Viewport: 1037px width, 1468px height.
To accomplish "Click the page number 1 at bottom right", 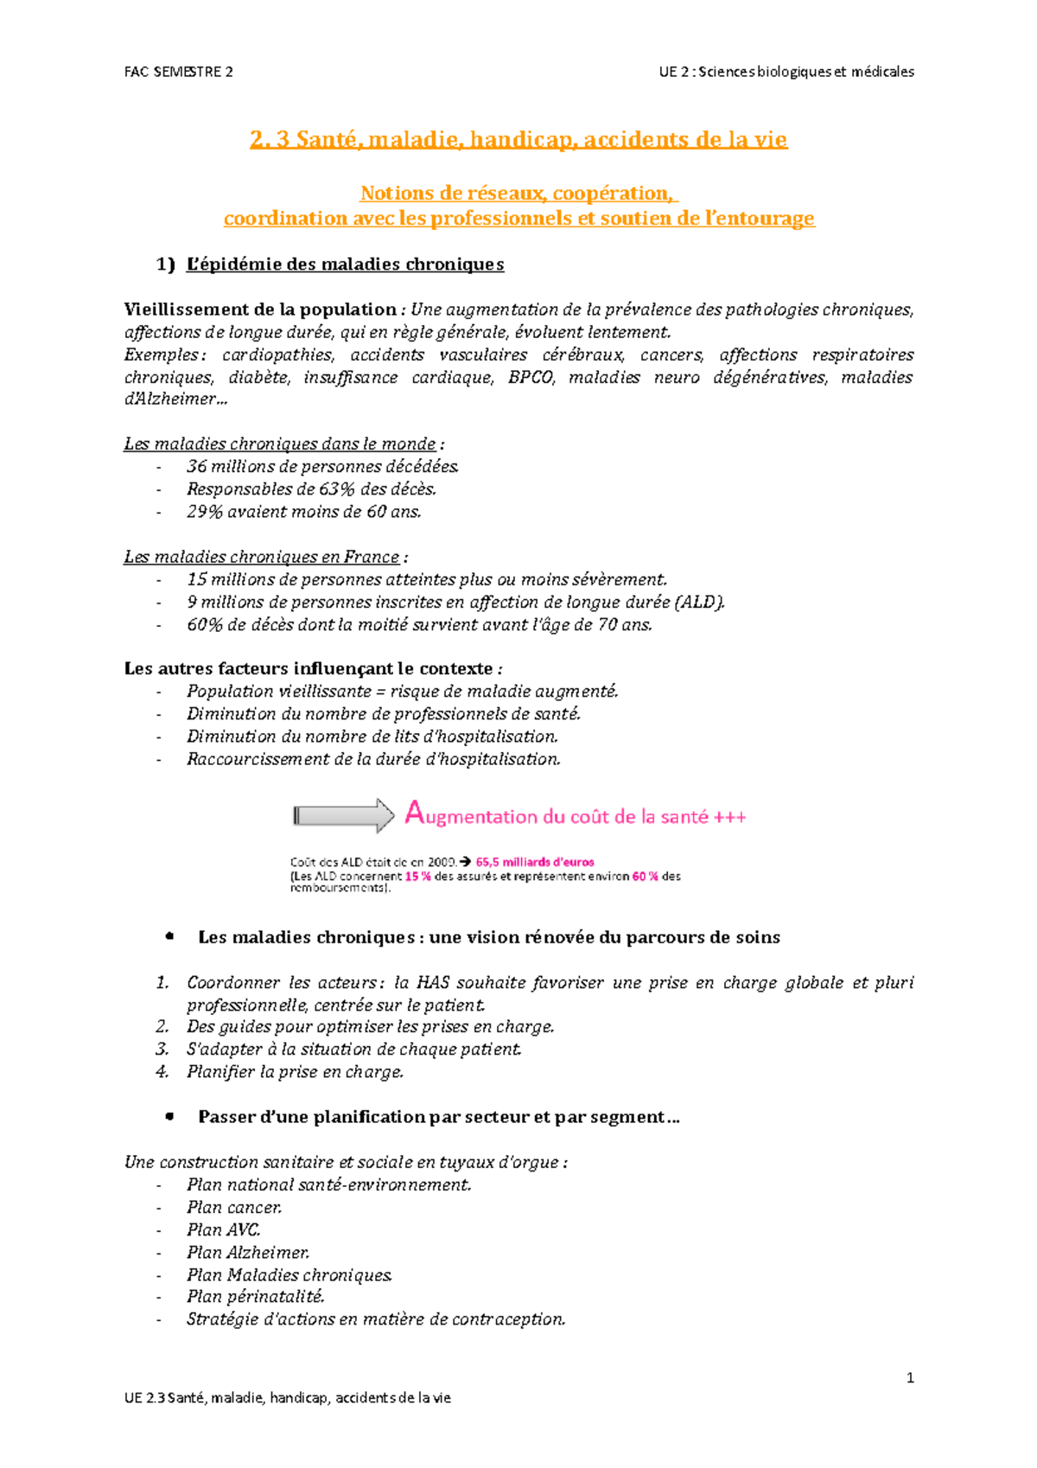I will [910, 1377].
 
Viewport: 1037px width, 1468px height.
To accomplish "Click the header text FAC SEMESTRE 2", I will [178, 72].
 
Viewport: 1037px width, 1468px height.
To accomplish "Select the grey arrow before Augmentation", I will [344, 815].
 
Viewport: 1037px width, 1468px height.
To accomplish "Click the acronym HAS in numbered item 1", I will [432, 982].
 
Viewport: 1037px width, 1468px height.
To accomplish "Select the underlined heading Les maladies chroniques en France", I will [262, 557].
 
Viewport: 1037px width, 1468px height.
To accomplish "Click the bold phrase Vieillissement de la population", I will [259, 310].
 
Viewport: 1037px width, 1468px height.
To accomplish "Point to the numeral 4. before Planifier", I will [162, 1072].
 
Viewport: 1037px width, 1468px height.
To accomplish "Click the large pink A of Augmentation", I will [414, 813].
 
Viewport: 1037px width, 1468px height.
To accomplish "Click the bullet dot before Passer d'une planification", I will [169, 1116].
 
